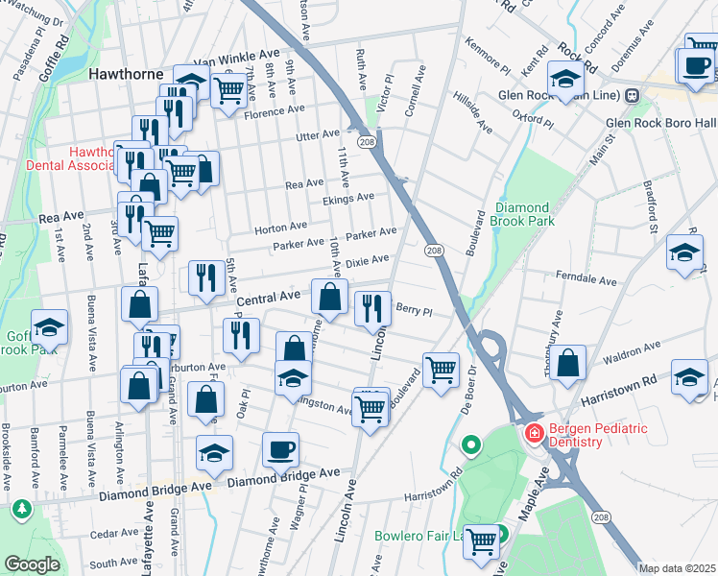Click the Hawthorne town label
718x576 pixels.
[x=122, y=73]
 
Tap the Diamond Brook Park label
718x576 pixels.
[x=522, y=214]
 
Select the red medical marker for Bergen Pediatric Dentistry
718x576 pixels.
[x=533, y=435]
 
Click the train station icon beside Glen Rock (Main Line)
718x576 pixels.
[x=632, y=95]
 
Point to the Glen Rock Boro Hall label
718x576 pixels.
[x=660, y=123]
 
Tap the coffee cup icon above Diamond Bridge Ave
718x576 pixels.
[x=280, y=448]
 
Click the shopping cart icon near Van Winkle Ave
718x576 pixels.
[x=228, y=91]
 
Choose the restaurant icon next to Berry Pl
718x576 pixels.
[x=372, y=308]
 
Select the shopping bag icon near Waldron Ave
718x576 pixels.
[x=568, y=363]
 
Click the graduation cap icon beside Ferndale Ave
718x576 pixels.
[x=683, y=253]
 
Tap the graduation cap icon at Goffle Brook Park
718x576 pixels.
[x=49, y=327]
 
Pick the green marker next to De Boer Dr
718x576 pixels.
[x=470, y=445]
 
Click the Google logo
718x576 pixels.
[x=32, y=564]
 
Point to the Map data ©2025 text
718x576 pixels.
[x=677, y=567]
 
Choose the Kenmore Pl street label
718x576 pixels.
[x=487, y=57]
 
